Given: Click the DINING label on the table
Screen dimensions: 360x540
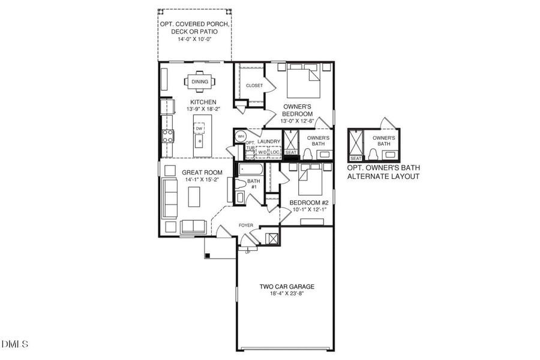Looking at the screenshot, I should [x=200, y=82].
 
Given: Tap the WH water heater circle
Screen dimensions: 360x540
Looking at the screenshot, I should [x=241, y=136].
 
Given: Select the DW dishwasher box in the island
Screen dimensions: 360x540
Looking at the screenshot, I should [x=199, y=128].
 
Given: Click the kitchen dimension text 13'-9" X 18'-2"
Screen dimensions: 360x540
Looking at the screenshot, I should [x=203, y=110].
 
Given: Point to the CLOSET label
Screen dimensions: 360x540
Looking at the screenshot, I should [x=254, y=86].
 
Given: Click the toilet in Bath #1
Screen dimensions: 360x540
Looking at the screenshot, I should [x=241, y=184].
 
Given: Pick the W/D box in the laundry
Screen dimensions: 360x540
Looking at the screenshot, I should [x=262, y=152].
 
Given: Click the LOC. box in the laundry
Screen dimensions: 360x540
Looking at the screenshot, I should [x=275, y=152].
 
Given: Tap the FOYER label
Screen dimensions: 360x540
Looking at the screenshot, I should [x=246, y=226].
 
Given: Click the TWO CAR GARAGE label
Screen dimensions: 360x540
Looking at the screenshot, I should [x=287, y=287].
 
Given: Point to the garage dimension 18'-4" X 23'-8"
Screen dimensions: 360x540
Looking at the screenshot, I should [x=287, y=295].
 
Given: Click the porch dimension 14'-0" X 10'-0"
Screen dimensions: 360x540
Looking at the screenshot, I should [x=194, y=39].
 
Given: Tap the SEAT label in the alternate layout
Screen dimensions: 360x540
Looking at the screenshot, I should [x=356, y=158].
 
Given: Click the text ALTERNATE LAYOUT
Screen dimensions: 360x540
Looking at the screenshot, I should [x=383, y=177].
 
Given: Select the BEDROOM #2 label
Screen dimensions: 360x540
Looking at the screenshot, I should [x=309, y=202].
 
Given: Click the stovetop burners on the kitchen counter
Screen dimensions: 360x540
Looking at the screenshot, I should [x=167, y=134].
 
